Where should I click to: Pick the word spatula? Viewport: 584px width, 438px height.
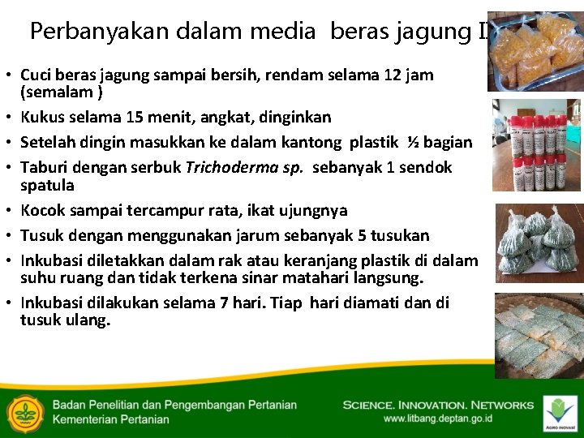47,185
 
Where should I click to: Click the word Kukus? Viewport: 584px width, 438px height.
45,117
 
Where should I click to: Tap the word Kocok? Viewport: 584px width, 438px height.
46,210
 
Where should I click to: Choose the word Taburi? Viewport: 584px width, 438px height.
46,168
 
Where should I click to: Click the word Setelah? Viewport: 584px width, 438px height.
50,142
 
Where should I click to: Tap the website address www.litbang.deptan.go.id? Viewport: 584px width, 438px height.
438,419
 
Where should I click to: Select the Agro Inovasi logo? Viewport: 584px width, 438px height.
559,412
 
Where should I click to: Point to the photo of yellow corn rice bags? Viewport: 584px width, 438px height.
535,50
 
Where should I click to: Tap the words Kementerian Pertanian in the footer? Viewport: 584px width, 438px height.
111,419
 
